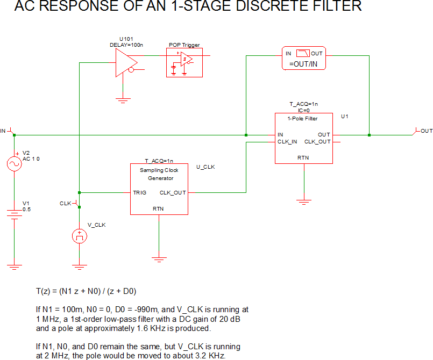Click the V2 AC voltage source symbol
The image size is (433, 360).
pos(13,164)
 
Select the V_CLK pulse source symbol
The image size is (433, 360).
pos(80,236)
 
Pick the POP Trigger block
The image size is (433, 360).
pos(184,63)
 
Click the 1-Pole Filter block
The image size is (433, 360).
pos(303,138)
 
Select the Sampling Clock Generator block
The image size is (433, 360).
pos(159,189)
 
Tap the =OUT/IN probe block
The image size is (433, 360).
pos(304,58)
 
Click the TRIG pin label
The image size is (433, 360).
pos(140,192)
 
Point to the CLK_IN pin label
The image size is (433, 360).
pos(287,142)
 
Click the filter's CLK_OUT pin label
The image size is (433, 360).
pos(317,142)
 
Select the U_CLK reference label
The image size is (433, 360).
pos(206,167)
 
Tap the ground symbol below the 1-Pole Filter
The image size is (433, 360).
pos(304,201)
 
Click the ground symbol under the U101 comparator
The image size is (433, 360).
pos(124,98)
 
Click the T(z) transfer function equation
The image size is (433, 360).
pos(86,291)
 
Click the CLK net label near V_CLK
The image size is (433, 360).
pos(65,203)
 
